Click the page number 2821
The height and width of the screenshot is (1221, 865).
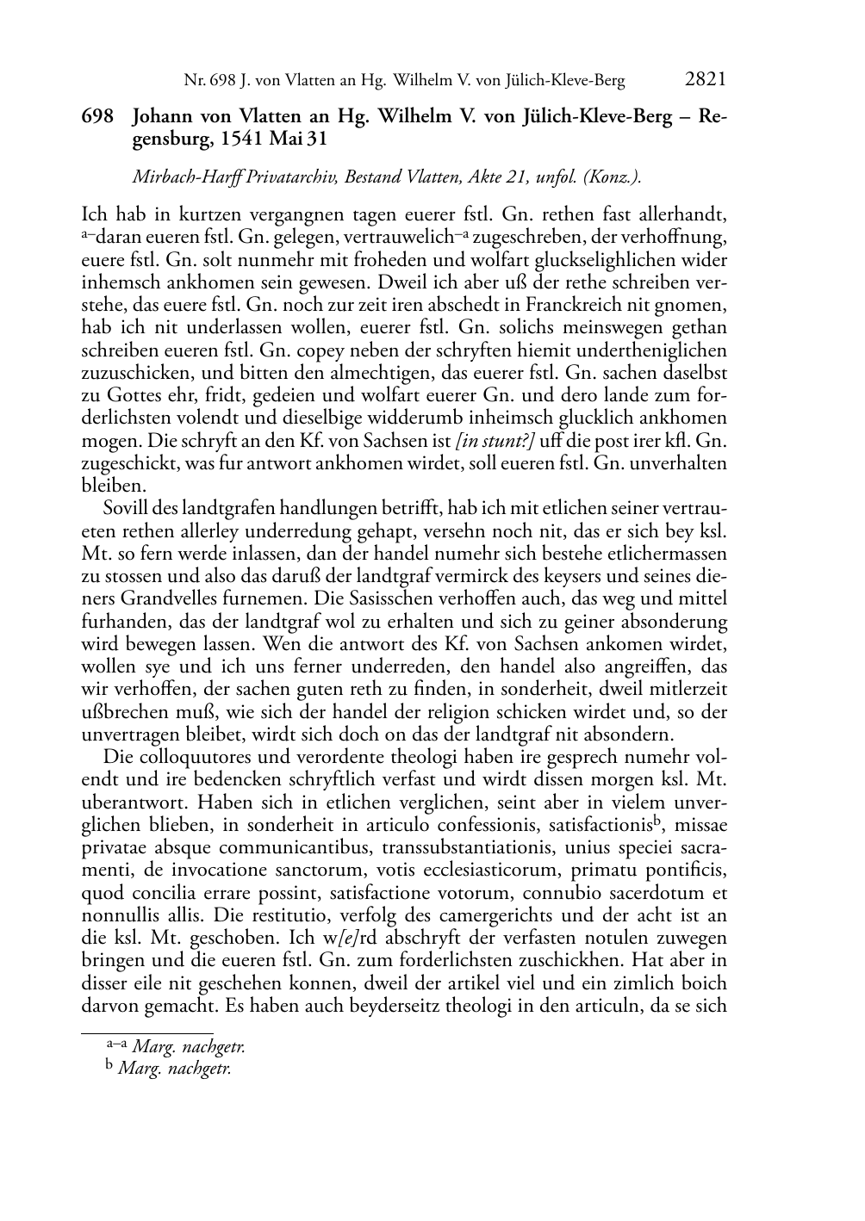[x=706, y=80]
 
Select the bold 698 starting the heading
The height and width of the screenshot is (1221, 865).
[x=96, y=117]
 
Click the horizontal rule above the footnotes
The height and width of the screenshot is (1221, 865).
[x=146, y=1032]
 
